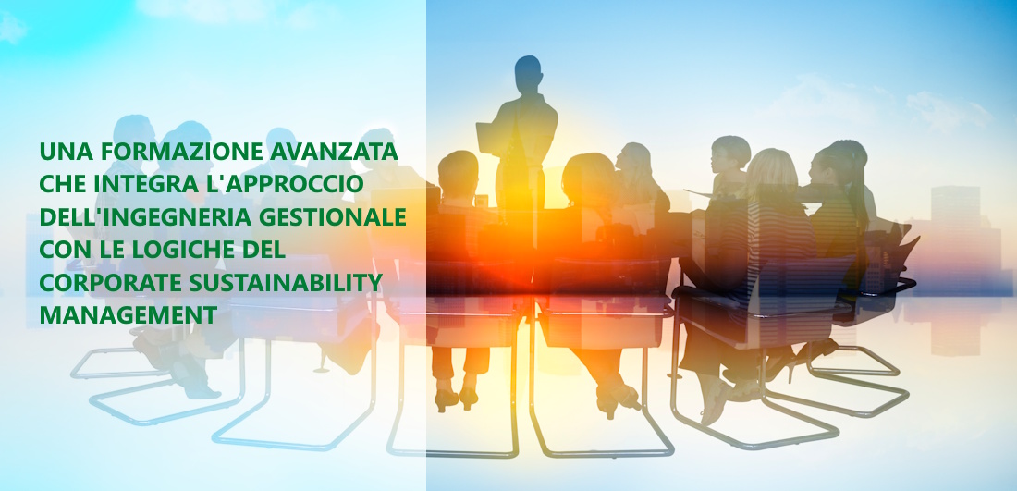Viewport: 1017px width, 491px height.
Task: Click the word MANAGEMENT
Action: (x=128, y=314)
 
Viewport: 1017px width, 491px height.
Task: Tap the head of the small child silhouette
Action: (x=729, y=153)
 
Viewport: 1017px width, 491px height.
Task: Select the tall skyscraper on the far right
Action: (x=955, y=240)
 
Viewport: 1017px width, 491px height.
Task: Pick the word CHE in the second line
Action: (x=64, y=184)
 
